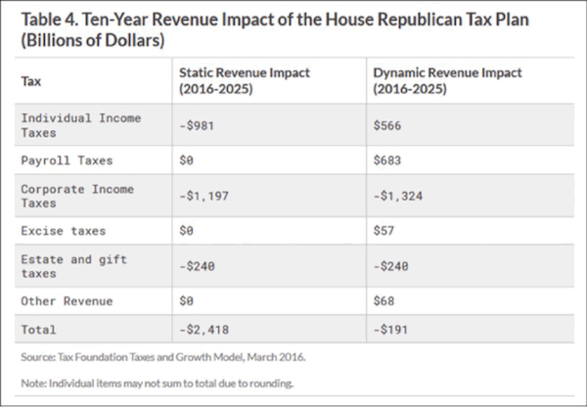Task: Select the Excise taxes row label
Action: point(64,231)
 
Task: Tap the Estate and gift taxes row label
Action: point(73,266)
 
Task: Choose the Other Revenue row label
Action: point(68,301)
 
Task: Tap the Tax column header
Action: point(31,80)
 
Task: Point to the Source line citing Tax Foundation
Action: point(162,358)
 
